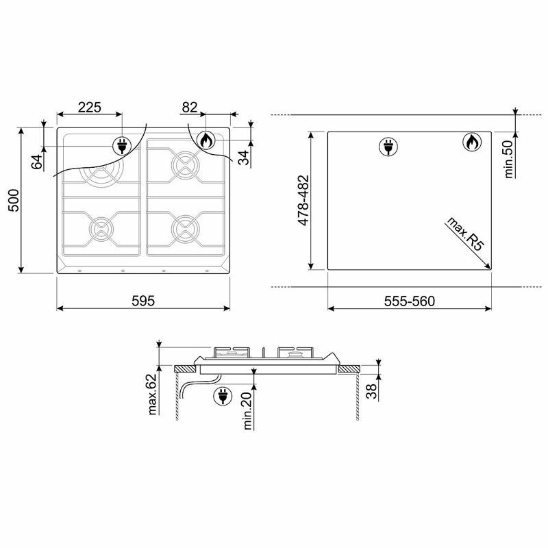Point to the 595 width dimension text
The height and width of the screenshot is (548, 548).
144,300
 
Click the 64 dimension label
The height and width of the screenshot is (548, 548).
38,162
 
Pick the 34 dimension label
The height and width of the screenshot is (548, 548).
243,158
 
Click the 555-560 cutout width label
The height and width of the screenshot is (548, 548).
410,300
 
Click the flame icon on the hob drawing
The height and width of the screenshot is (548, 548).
205,141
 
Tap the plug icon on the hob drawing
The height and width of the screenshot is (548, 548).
122,145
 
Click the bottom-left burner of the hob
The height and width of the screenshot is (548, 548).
101,227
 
